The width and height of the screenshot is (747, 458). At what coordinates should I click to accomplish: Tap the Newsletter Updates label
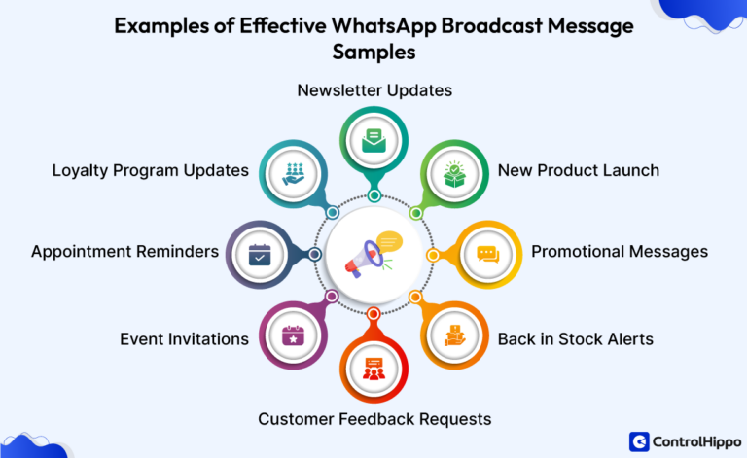point(374,90)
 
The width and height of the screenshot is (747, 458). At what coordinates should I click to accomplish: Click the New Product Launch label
point(578,170)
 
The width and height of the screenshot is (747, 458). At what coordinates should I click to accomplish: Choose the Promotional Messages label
point(619,252)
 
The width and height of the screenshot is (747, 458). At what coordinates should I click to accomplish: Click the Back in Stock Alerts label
point(575,339)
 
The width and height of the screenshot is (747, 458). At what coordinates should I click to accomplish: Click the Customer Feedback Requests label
point(374,419)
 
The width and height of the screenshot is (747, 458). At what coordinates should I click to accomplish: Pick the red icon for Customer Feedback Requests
point(373,369)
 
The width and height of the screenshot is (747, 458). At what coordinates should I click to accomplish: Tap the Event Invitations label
point(184,339)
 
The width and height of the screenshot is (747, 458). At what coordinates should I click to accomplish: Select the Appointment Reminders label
point(124,252)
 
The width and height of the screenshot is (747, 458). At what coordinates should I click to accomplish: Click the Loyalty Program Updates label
point(151,170)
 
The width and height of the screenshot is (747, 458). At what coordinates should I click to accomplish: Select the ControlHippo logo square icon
point(639,441)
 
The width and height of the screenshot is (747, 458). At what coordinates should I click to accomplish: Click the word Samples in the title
point(374,53)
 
